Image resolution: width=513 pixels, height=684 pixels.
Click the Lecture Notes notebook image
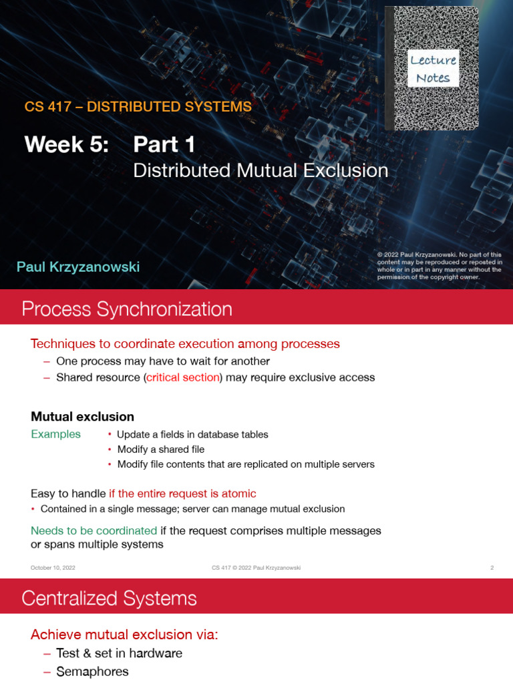[x=432, y=68]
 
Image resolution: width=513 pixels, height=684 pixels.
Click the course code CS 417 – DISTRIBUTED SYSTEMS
[x=138, y=107]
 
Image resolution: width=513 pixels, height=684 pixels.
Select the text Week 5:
[x=66, y=144]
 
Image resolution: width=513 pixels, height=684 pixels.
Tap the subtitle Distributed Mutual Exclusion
[x=261, y=171]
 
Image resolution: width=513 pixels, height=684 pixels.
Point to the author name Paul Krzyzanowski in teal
[x=78, y=267]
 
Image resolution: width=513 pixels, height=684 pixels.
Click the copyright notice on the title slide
[x=439, y=266]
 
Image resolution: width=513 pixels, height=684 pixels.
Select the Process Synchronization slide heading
[x=127, y=309]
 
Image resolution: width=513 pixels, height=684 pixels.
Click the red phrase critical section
[x=183, y=377]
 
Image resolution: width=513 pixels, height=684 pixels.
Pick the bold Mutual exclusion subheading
[x=83, y=417]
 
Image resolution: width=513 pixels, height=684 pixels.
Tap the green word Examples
[x=55, y=434]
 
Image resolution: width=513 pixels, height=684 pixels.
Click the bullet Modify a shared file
[x=160, y=450]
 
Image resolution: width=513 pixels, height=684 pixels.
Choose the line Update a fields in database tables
[x=192, y=435]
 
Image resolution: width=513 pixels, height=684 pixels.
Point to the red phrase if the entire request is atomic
[x=182, y=494]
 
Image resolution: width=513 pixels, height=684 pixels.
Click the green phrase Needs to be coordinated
[x=94, y=531]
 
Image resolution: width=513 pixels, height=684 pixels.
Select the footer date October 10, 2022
[x=53, y=568]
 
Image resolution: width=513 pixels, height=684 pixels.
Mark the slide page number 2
[x=492, y=568]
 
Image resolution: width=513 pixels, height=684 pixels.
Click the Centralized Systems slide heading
[x=109, y=598]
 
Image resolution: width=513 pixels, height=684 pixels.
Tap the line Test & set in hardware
[x=119, y=653]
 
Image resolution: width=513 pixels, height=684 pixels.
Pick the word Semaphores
[x=92, y=672]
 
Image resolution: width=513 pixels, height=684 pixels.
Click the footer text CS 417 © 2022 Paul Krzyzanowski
[x=256, y=568]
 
